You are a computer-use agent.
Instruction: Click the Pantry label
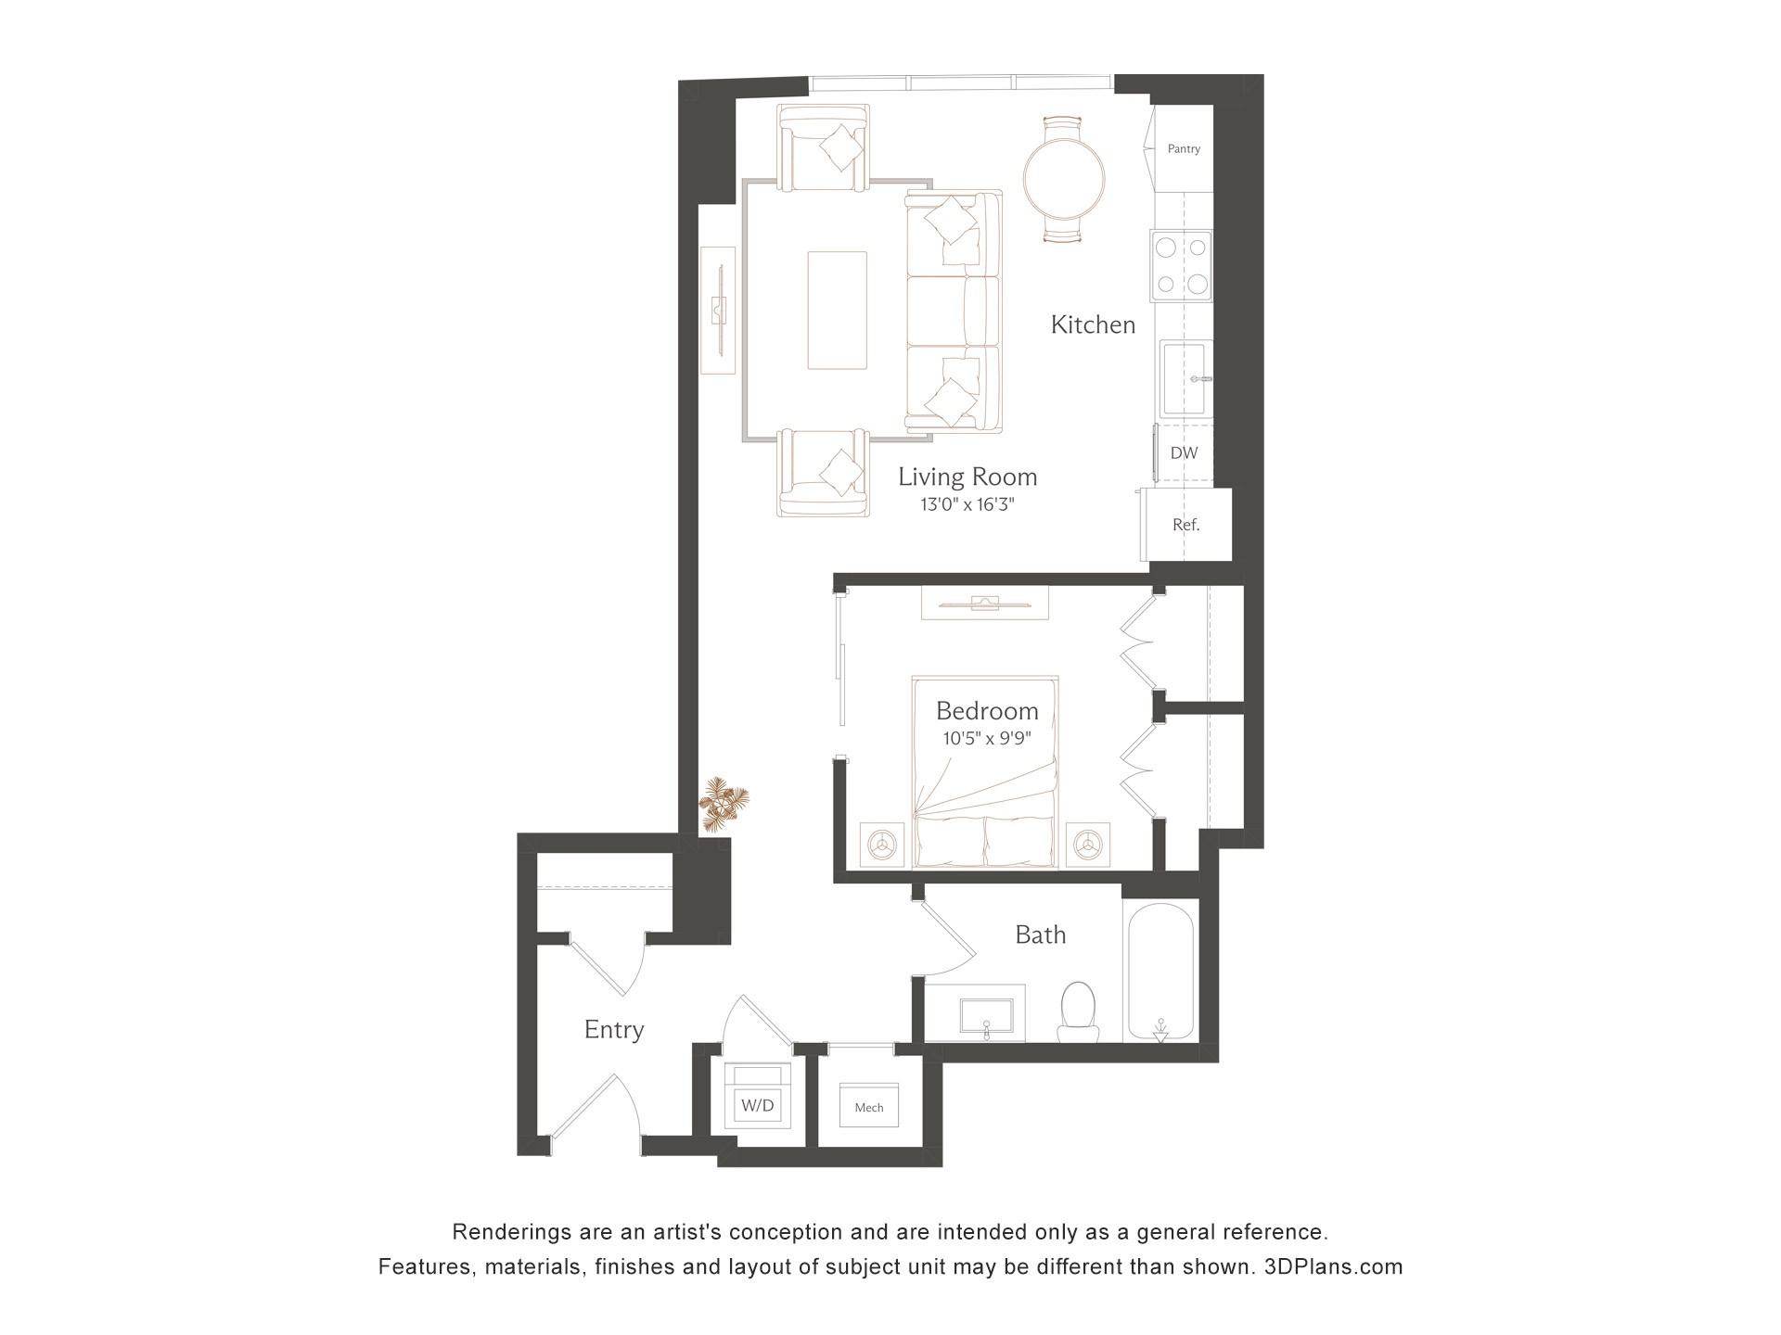[1184, 148]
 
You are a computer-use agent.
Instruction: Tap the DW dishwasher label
[1184, 453]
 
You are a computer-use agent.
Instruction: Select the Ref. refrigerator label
[1185, 525]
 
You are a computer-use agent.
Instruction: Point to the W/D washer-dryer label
[758, 1105]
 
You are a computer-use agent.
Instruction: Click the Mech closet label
[868, 1107]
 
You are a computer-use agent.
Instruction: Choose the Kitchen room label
[1093, 324]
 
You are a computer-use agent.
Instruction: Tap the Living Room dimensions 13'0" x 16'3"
[967, 505]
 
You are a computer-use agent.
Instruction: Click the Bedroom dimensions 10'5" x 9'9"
[987, 739]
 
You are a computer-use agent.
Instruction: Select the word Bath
[1040, 934]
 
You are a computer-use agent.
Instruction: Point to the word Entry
[614, 1029]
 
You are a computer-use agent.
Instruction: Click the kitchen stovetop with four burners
[1181, 265]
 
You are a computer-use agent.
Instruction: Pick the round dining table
[1064, 180]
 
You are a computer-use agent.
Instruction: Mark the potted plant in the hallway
[723, 802]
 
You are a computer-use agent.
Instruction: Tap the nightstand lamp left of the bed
[882, 844]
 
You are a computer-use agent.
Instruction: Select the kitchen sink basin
[1185, 378]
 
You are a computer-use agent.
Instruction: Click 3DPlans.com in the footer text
[1333, 1266]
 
